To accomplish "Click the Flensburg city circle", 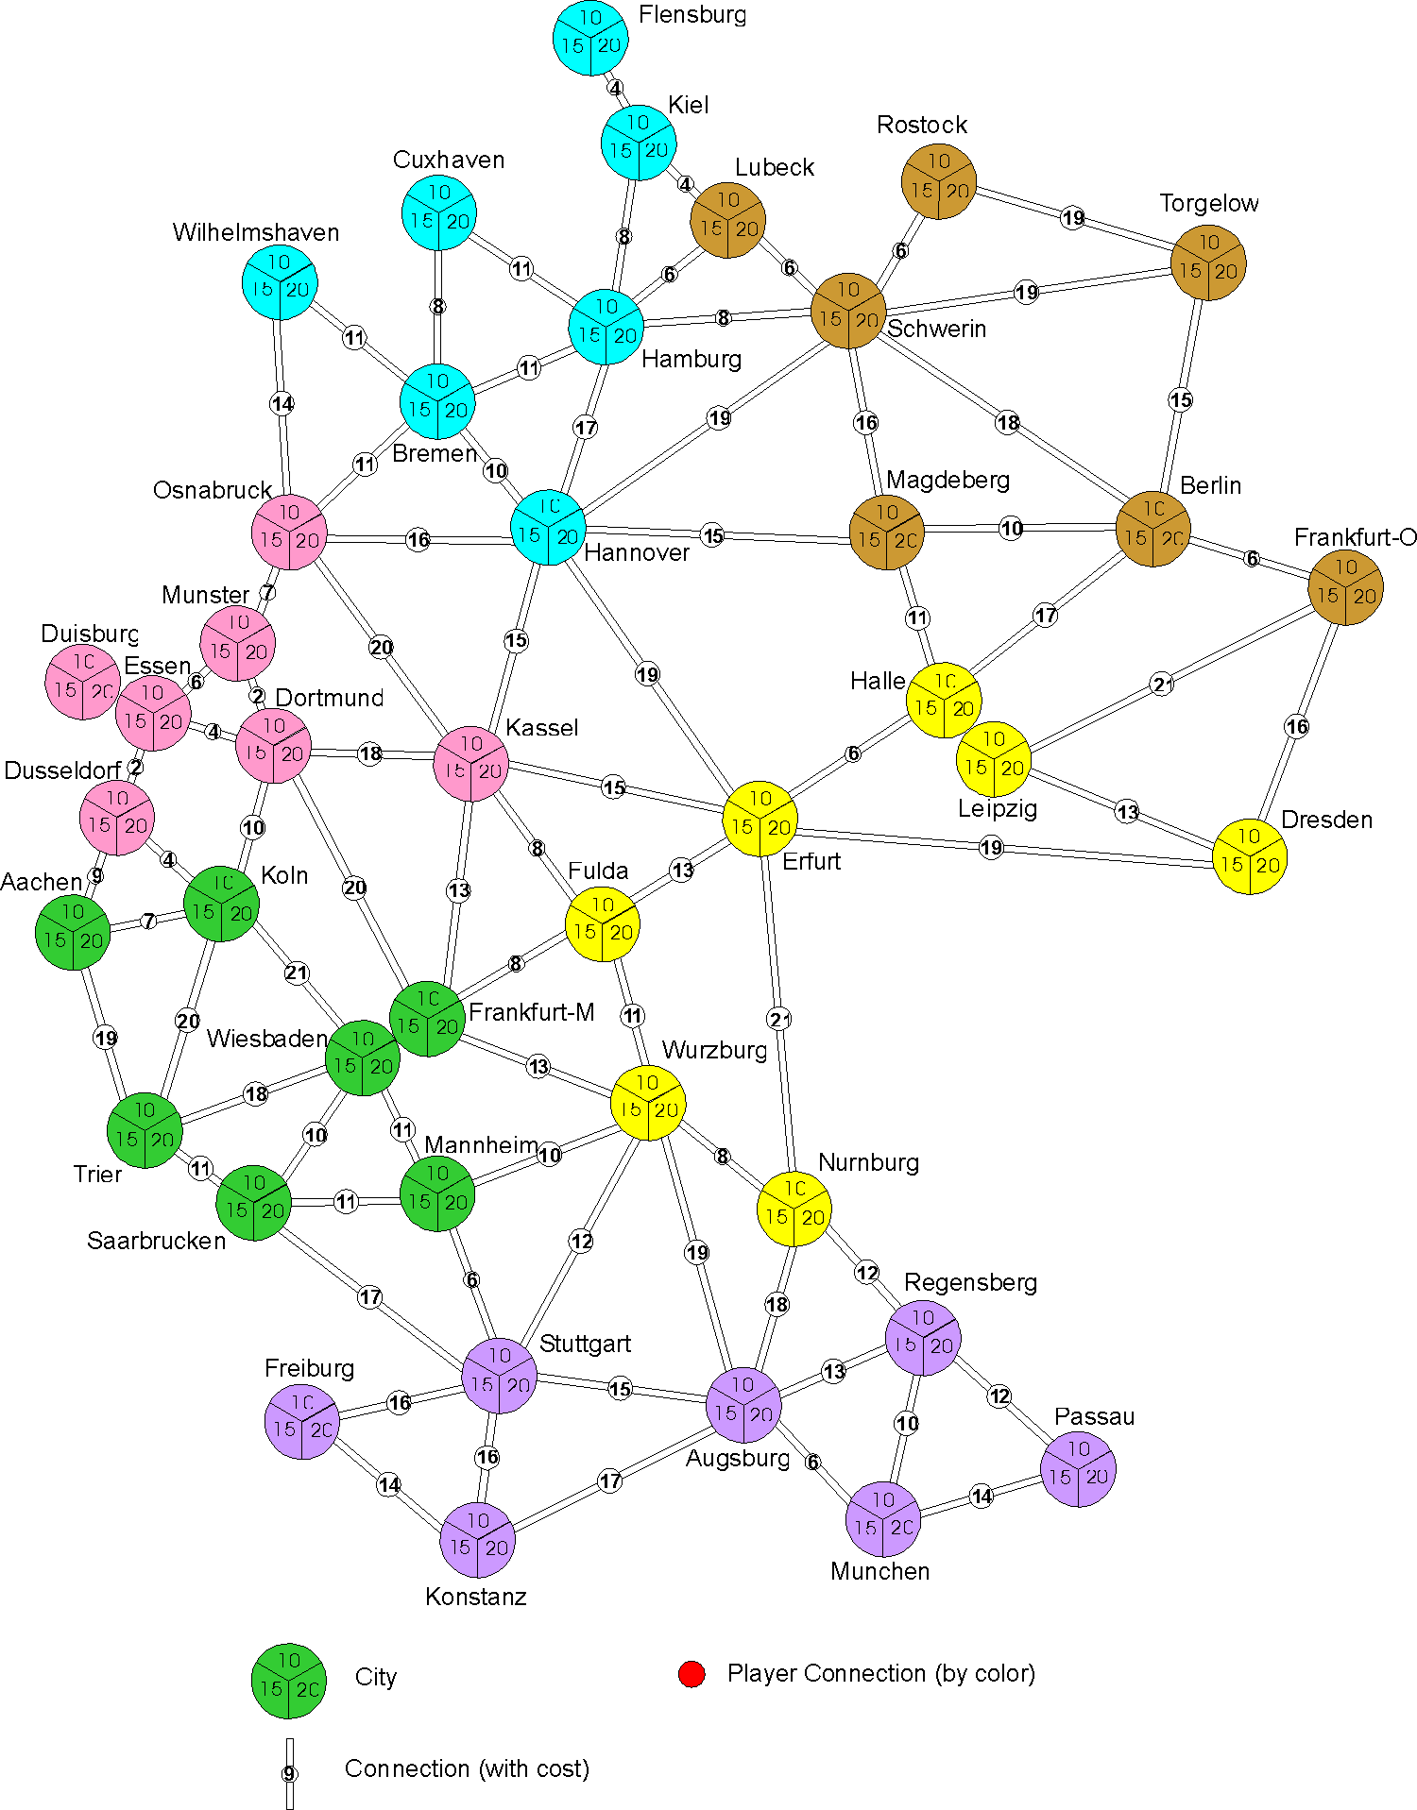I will [590, 38].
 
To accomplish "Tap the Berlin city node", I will [1153, 529].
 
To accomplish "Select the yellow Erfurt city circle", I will [760, 819].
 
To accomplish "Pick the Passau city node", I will [1078, 1469].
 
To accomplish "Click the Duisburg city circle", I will [83, 682].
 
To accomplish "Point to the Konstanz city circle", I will [478, 1540].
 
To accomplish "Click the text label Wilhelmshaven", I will [256, 232].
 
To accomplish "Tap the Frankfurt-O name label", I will [1355, 537].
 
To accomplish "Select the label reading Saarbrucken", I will [157, 1241].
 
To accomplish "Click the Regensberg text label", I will [970, 1282].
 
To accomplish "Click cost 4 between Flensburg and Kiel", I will [615, 89].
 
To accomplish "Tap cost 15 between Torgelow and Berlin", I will [1181, 400].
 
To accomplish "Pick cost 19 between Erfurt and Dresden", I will [991, 848].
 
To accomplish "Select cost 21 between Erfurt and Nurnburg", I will [779, 1019].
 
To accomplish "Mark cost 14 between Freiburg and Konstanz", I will [389, 1485].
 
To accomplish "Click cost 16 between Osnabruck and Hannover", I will [418, 539].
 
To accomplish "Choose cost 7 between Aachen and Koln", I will [148, 921].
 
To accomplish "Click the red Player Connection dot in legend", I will [691, 1674].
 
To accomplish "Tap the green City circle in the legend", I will [289, 1681].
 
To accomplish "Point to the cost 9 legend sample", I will [289, 1774].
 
